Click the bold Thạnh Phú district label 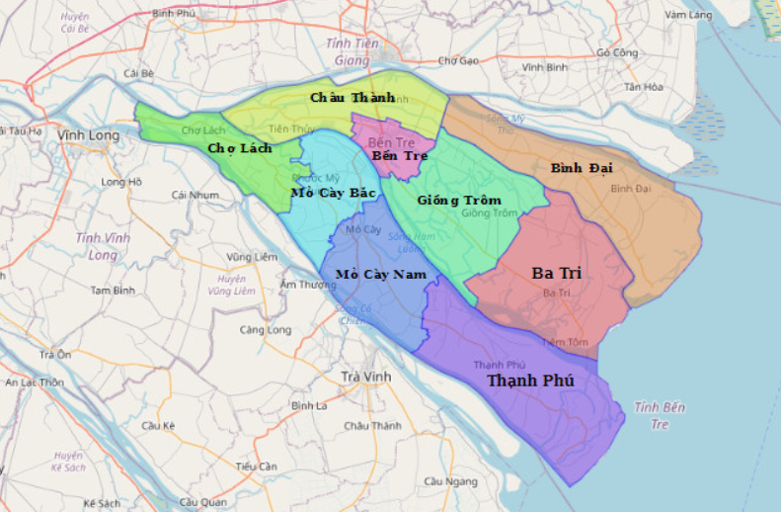point(530,381)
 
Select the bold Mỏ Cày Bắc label point(333,193)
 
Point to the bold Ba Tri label point(556,273)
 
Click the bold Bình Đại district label point(582,168)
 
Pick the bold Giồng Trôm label point(458,200)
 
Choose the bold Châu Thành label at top point(352,97)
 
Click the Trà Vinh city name point(365,377)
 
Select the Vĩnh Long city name point(88,135)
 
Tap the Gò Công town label point(617,52)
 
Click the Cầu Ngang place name point(443,481)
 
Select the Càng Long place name point(264,329)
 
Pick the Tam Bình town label point(113,291)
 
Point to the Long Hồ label point(121,182)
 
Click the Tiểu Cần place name point(256,466)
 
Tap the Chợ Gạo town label point(458,60)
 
